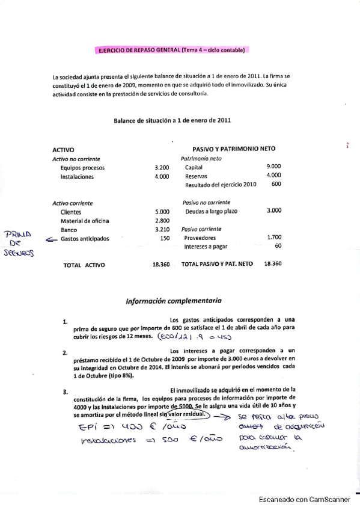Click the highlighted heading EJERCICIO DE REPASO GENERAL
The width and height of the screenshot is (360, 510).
[x=171, y=51]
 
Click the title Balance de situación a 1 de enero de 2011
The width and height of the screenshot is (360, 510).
[x=172, y=120]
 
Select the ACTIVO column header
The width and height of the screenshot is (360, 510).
[x=63, y=149]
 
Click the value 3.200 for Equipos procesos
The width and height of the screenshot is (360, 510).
[x=162, y=168]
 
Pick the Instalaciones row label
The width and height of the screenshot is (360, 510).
[x=77, y=177]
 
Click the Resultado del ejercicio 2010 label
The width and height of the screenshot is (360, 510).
[x=221, y=185]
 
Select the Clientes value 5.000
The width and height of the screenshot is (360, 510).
[x=162, y=212]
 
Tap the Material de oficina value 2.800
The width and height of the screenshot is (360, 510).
[x=162, y=221]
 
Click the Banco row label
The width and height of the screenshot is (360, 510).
[x=69, y=230]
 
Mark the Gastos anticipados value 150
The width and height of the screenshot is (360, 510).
[x=165, y=239]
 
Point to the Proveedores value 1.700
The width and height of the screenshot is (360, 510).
[x=273, y=238]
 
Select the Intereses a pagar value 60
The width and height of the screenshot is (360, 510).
[x=278, y=246]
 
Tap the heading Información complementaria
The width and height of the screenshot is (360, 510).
[x=173, y=300]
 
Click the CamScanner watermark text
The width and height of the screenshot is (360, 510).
[x=308, y=500]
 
